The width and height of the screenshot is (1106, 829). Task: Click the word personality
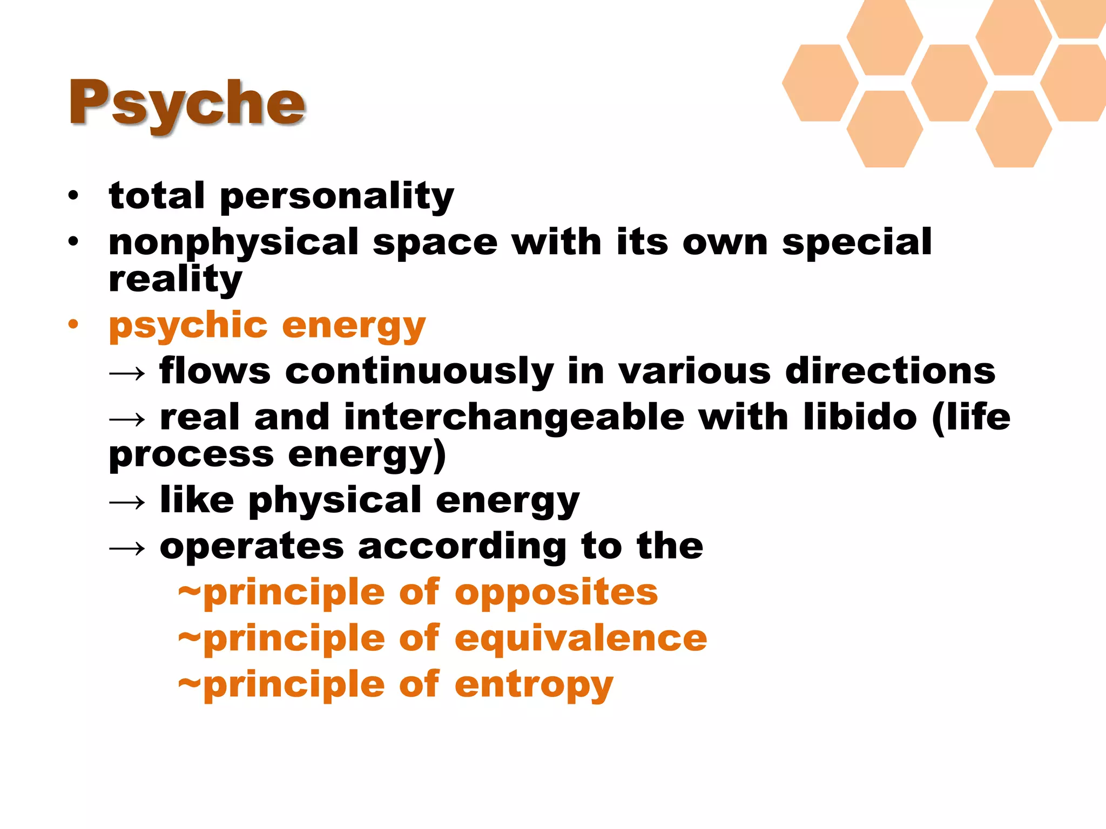337,196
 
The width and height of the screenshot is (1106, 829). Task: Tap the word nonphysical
233,243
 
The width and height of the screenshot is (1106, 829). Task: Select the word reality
176,280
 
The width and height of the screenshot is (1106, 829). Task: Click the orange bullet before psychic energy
73,325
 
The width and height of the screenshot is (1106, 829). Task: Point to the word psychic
188,326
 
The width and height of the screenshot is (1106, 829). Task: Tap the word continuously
419,372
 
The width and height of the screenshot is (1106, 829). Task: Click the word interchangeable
514,418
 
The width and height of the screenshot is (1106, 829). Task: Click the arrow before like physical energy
127,502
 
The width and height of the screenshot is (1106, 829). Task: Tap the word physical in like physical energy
335,501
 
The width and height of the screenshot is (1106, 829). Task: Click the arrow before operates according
127,548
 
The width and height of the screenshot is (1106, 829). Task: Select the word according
462,547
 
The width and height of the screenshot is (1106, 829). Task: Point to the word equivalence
581,639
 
